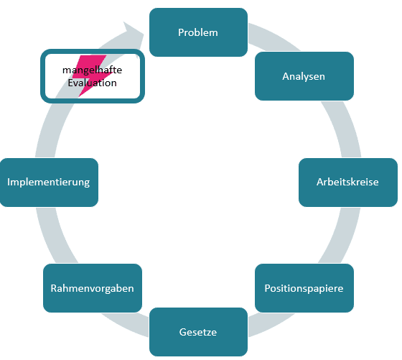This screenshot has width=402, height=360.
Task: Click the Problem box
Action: tap(198, 32)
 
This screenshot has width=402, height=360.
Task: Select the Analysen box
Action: tap(304, 76)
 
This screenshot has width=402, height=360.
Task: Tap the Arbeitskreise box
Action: tap(348, 183)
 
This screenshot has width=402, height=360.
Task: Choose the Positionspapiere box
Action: tap(304, 288)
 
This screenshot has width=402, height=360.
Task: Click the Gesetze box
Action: tap(198, 332)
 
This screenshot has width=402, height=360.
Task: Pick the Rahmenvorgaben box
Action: tap(93, 288)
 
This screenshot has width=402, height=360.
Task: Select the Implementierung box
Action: tap(49, 183)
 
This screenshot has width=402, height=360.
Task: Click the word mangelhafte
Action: tap(93, 70)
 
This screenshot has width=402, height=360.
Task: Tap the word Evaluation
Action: tap(93, 83)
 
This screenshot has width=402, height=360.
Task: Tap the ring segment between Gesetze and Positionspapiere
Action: tap(272, 324)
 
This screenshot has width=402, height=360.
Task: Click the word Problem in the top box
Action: tap(198, 32)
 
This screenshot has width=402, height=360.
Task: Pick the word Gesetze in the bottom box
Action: tap(198, 332)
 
